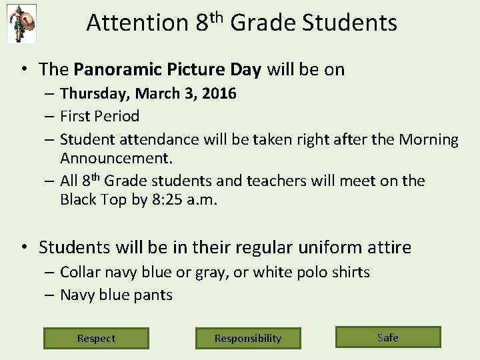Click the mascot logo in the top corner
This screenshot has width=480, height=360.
pyautogui.click(x=21, y=23)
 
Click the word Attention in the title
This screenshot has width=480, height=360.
pyautogui.click(x=137, y=23)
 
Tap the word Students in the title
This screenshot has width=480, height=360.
pyautogui.click(x=349, y=23)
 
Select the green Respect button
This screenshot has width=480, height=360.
pyautogui.click(x=96, y=338)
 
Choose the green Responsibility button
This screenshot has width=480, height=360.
pyautogui.click(x=248, y=338)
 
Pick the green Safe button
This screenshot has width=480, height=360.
pyautogui.click(x=387, y=337)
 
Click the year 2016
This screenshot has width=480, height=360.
pyautogui.click(x=219, y=93)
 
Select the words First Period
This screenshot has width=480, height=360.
pyautogui.click(x=99, y=116)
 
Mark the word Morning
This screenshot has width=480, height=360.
pyautogui.click(x=429, y=139)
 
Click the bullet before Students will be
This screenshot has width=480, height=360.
pyautogui.click(x=24, y=247)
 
